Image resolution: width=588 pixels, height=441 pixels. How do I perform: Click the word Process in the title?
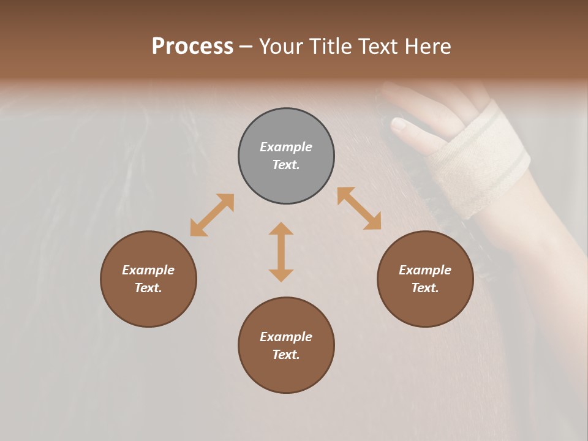192,47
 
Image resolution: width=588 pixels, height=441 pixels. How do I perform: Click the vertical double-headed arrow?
281,252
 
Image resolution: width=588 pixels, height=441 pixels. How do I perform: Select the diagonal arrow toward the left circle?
212,215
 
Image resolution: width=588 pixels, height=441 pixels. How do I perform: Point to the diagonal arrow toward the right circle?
360,208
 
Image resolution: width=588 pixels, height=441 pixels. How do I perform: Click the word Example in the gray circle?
286,147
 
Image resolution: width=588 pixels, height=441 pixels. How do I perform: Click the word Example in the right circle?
425,270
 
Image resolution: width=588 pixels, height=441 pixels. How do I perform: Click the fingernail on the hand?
399,125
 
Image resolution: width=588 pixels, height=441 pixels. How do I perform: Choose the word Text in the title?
377,47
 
